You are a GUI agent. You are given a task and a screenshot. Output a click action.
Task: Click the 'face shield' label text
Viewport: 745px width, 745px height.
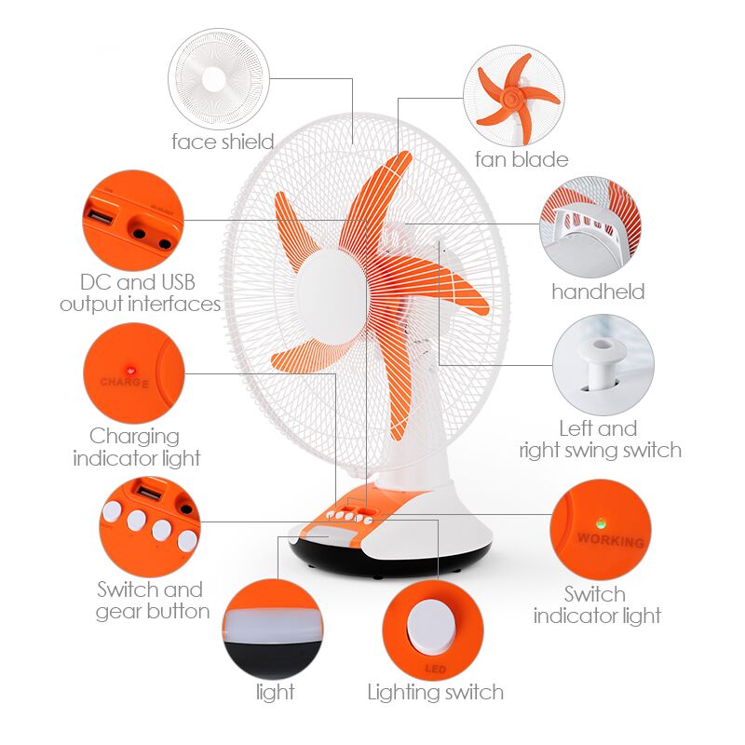[x=223, y=142]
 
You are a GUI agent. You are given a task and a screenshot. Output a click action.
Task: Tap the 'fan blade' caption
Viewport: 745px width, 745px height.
[x=521, y=159]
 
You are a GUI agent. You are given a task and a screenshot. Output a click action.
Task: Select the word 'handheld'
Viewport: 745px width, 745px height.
[x=598, y=291]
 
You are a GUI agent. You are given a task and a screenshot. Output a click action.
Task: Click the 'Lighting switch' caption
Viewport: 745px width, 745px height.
[x=435, y=692]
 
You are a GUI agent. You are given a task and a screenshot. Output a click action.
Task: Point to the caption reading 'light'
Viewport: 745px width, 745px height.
[x=275, y=692]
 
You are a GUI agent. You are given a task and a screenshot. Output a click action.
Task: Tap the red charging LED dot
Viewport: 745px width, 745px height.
[x=129, y=370]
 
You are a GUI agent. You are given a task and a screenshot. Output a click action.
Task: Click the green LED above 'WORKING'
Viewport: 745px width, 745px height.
[x=601, y=523]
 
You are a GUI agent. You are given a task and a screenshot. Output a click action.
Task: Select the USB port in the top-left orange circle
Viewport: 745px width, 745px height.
[x=101, y=219]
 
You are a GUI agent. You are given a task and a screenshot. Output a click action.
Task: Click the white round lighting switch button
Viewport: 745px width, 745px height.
[x=431, y=626]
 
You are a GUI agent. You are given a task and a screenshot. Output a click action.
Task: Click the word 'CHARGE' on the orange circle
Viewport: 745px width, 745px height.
[x=125, y=382]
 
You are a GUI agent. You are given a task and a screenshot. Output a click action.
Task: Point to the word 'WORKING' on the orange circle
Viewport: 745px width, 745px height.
[x=611, y=540]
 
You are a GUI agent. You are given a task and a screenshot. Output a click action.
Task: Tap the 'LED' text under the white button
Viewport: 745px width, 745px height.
[x=435, y=669]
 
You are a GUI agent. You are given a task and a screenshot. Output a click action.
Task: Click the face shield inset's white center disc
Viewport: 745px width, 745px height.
[x=213, y=79]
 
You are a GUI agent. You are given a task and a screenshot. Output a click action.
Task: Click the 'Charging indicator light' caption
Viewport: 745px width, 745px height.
[x=136, y=447]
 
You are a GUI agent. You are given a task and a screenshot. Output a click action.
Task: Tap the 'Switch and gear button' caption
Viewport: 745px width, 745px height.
[x=153, y=601]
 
